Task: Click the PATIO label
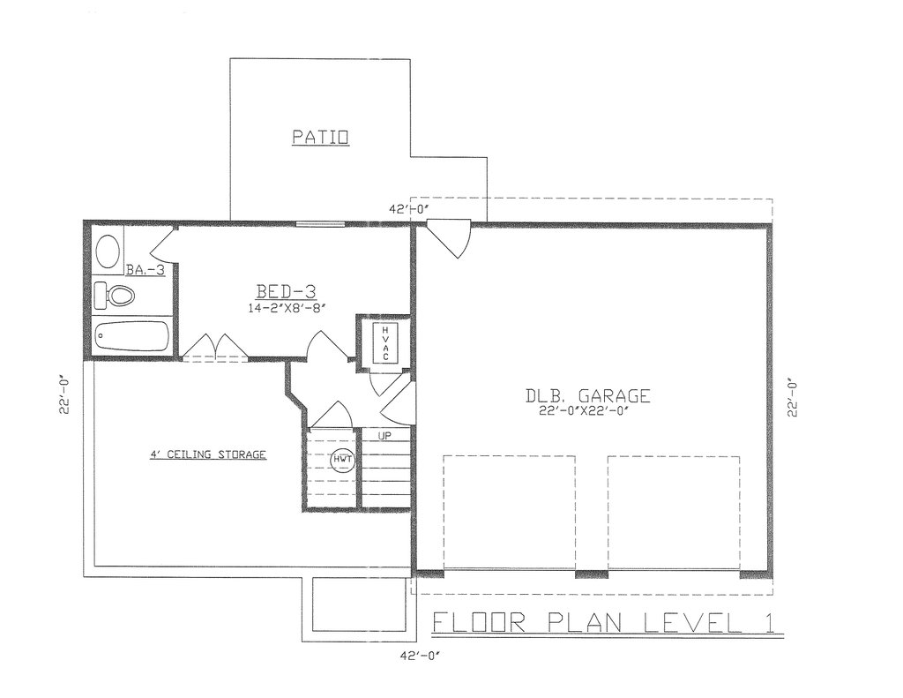click(321, 137)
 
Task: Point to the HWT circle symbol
click(341, 459)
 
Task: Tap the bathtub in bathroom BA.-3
click(132, 336)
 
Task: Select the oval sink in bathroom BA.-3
click(108, 252)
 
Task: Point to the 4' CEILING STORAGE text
click(207, 454)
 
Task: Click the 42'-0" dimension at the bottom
click(420, 657)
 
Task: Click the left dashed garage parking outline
click(509, 512)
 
